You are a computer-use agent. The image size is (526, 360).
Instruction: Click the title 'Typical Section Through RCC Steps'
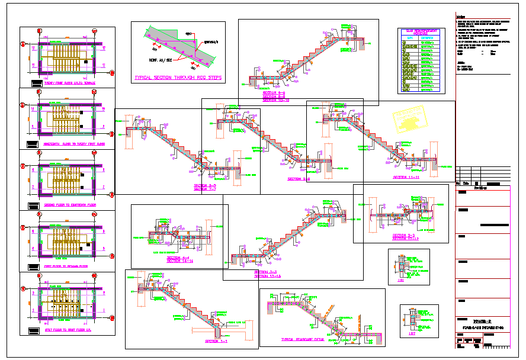coord(178,78)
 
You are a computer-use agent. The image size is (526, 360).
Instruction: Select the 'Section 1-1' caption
coord(216,342)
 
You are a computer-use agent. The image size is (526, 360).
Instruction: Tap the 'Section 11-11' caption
coord(406,178)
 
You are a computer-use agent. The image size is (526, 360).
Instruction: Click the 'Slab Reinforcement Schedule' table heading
coord(420,33)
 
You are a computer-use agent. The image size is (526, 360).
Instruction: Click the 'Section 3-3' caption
coord(267,272)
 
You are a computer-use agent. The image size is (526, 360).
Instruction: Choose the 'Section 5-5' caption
coord(205,186)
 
